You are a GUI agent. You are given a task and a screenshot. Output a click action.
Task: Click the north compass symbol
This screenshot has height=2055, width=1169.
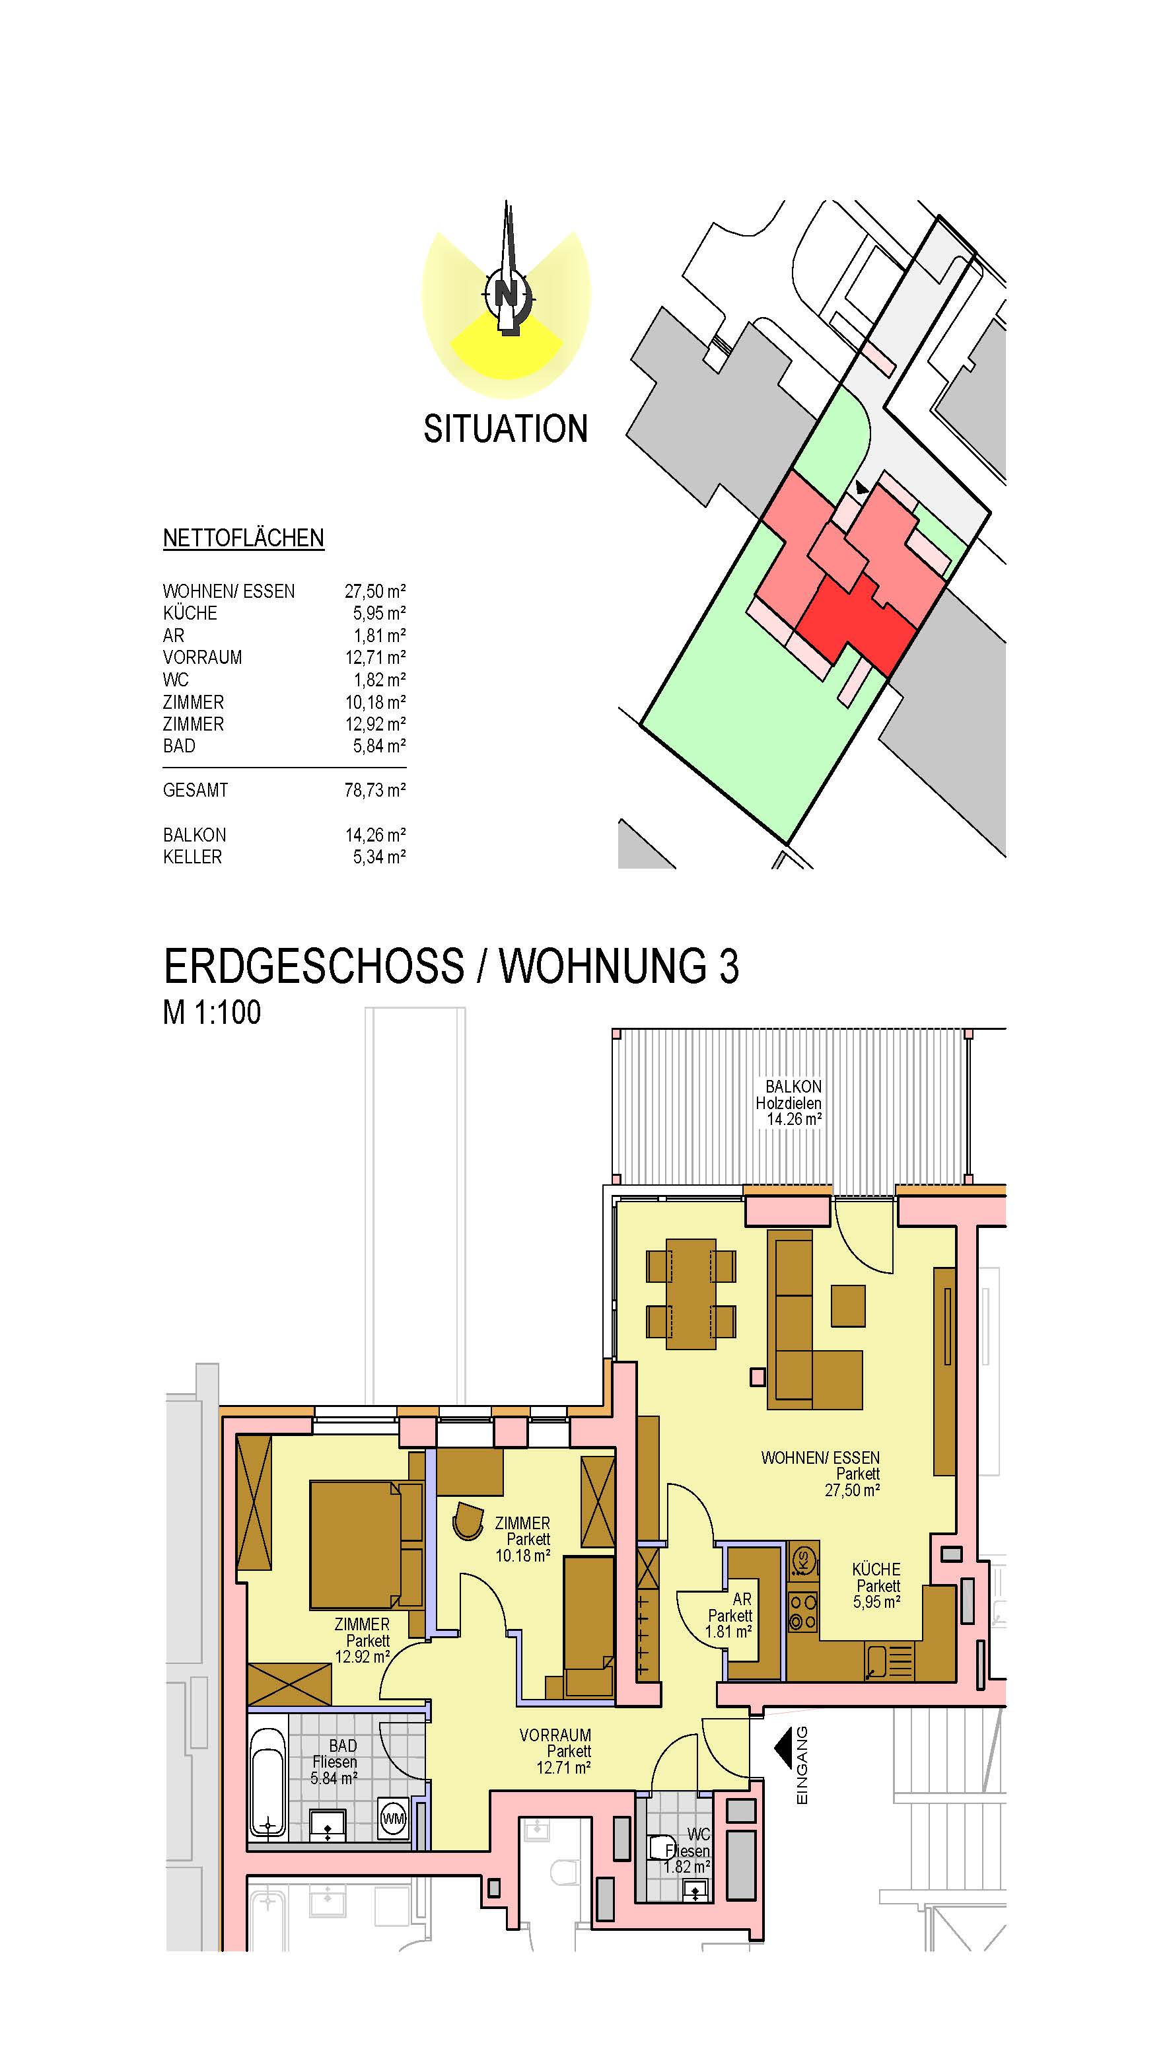pyautogui.click(x=506, y=289)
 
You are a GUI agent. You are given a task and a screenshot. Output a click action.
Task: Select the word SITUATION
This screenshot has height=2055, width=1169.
pyautogui.click(x=506, y=429)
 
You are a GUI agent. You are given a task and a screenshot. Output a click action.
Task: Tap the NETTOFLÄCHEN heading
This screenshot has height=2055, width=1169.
pyautogui.click(x=243, y=538)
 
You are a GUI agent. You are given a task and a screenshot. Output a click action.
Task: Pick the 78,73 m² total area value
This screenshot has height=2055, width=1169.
pyautogui.click(x=375, y=790)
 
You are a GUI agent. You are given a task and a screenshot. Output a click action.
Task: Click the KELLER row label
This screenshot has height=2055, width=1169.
pyautogui.click(x=193, y=857)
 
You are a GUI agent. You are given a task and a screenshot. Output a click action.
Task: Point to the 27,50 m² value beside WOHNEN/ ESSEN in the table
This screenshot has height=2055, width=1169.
pyautogui.click(x=375, y=591)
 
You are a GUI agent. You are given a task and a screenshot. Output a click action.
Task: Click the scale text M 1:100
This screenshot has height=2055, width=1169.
pyautogui.click(x=212, y=1013)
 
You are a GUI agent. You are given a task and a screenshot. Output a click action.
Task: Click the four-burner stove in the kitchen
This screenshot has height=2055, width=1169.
pyautogui.click(x=803, y=1612)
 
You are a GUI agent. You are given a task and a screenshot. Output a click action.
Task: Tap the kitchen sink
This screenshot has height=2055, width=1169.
pyautogui.click(x=890, y=1661)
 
